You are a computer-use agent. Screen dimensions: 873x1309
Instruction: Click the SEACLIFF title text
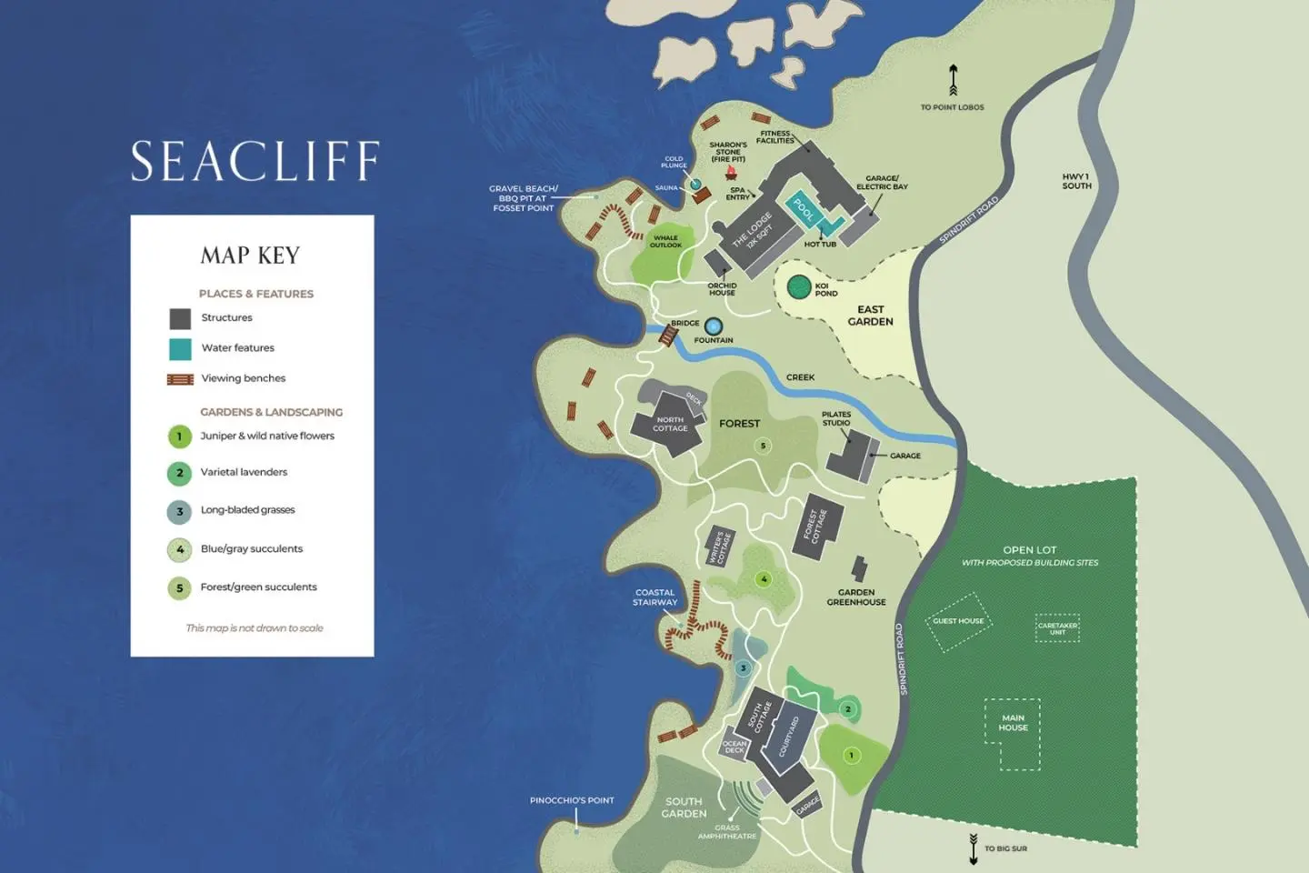[255, 161]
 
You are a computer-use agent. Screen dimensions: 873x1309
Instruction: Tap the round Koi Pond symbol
[798, 287]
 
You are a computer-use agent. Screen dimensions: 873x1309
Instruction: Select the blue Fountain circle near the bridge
[714, 326]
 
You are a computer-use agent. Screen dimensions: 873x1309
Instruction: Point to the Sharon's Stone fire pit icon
[730, 173]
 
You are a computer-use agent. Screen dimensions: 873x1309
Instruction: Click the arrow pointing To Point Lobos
[953, 80]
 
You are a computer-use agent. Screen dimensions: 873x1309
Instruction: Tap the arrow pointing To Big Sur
[974, 848]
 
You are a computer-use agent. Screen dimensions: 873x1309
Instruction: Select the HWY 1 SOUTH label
[1076, 181]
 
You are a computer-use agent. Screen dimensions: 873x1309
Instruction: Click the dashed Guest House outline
[958, 622]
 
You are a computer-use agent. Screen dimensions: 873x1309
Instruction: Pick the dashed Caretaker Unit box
[1057, 628]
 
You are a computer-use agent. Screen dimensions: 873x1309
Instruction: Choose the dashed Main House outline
[1013, 732]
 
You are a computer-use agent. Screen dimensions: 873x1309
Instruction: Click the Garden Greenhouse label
[855, 597]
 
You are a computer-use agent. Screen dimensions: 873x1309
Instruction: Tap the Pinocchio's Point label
[572, 800]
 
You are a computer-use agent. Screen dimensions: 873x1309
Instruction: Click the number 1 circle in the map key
[179, 436]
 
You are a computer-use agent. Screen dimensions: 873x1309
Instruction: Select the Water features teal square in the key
[180, 349]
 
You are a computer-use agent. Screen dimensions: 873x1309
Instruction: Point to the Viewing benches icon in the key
[180, 379]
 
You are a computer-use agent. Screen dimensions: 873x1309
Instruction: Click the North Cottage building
[669, 423]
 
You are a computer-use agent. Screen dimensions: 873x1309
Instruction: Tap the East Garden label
[870, 316]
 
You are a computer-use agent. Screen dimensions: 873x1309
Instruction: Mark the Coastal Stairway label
[654, 597]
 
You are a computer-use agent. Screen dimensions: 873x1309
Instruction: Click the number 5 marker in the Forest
[763, 446]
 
